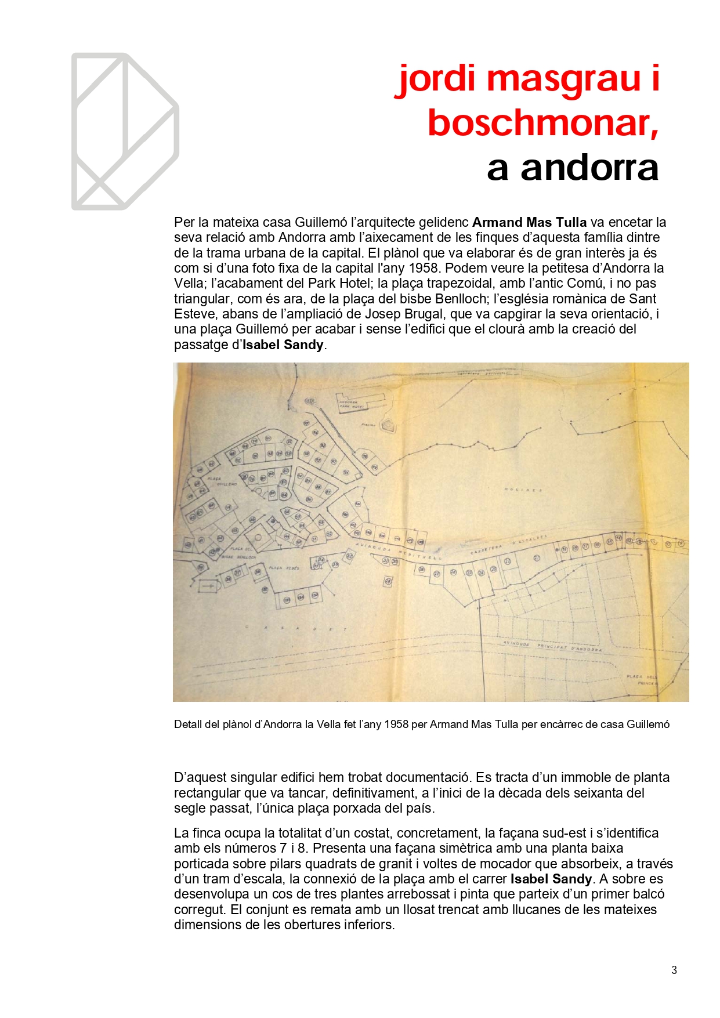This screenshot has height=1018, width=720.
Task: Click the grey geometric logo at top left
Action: tap(125, 131)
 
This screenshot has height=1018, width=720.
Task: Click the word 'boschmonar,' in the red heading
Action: tap(543, 123)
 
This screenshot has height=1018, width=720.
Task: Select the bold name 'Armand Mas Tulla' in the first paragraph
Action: tap(529, 222)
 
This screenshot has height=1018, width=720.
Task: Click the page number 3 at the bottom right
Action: tap(674, 970)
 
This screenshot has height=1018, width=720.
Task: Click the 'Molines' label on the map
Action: tap(523, 490)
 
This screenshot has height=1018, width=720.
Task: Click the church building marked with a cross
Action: tap(209, 586)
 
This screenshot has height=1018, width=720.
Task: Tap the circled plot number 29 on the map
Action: tap(388, 581)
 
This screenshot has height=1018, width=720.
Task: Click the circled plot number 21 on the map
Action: tap(537, 558)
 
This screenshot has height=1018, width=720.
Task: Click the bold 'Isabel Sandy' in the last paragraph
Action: tap(551, 879)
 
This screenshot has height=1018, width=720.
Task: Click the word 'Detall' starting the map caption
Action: tap(188, 724)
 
